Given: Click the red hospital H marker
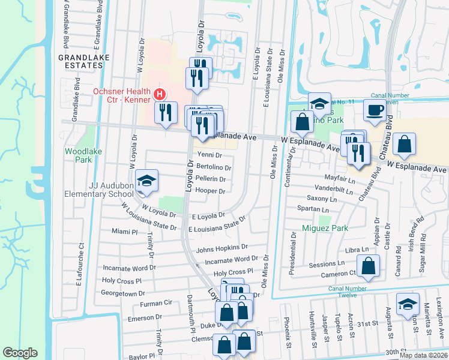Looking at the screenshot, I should pyautogui.click(x=160, y=94).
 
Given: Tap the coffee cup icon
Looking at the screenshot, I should pyautogui.click(x=375, y=110).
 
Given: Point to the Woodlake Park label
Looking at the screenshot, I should pyautogui.click(x=78, y=155).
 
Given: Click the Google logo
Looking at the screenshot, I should pyautogui.click(x=20, y=353).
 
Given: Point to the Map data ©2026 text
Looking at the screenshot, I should pyautogui.click(x=423, y=355).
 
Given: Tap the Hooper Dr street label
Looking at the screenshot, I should pyautogui.click(x=211, y=191).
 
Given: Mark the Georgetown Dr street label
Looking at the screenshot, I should pyautogui.click(x=124, y=293).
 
